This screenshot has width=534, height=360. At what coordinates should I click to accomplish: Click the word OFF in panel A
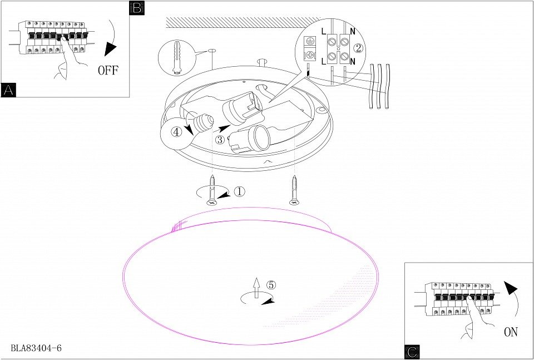108,70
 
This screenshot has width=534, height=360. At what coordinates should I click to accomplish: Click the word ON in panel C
511,332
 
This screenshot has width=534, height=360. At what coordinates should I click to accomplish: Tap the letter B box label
136,8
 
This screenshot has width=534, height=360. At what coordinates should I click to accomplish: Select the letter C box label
412,352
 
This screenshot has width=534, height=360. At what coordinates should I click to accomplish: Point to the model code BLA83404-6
36,348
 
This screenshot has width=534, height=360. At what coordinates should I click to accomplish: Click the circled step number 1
239,191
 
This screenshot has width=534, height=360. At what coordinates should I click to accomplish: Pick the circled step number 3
220,140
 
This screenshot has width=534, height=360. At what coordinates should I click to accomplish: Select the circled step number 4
176,132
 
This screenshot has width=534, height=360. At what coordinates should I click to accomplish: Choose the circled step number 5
271,284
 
